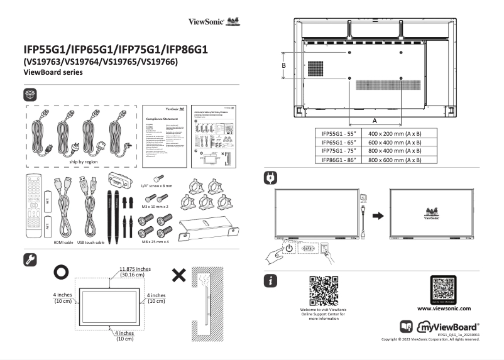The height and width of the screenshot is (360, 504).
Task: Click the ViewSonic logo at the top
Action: pos(214,21)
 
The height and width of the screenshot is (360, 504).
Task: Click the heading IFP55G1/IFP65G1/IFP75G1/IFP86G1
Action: pos(116,48)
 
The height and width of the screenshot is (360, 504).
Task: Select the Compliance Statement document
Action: pos(165,136)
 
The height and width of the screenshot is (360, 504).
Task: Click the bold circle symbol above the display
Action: pos(62,272)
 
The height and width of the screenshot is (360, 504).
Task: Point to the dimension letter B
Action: pos(284,65)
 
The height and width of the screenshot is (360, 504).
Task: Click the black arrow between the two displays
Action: pos(377,215)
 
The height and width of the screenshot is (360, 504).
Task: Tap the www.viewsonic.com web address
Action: pos(444,308)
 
